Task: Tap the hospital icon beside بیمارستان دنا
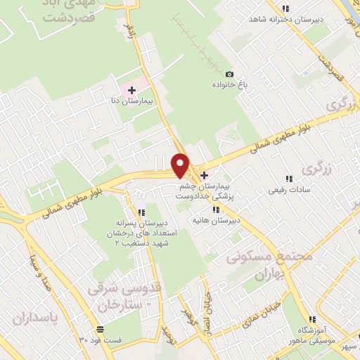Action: coord(132,90)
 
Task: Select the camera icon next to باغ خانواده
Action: coord(229,74)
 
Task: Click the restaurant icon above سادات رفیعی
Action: coord(288,179)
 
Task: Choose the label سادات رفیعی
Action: coord(287,190)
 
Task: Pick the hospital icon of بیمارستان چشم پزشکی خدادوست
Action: coord(205,175)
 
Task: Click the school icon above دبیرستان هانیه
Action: coord(217,209)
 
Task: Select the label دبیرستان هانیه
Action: coord(217,219)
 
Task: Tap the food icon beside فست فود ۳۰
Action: coord(101,329)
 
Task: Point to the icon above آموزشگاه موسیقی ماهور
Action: coord(308,319)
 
